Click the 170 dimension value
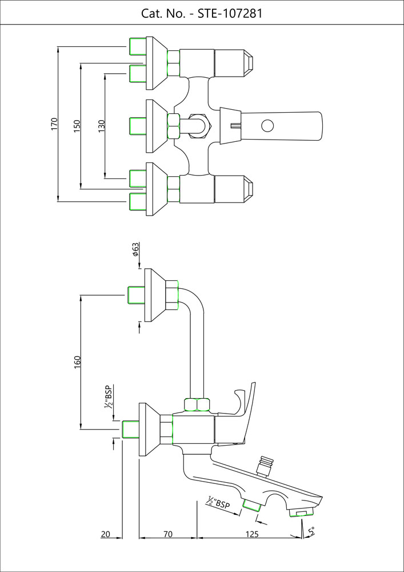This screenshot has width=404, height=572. [54, 125]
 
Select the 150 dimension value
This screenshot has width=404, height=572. [77, 125]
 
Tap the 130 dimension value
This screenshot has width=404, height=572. [101, 124]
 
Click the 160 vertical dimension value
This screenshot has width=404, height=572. [78, 362]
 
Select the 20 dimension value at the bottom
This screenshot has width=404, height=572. [106, 535]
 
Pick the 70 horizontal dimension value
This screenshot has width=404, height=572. [168, 535]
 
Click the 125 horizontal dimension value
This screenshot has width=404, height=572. [253, 535]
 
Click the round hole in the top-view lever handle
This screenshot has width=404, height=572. [267, 125]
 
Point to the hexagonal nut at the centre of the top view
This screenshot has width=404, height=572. [173, 125]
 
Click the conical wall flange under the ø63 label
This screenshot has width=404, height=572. [155, 295]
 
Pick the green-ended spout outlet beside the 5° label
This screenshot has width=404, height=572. [301, 511]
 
